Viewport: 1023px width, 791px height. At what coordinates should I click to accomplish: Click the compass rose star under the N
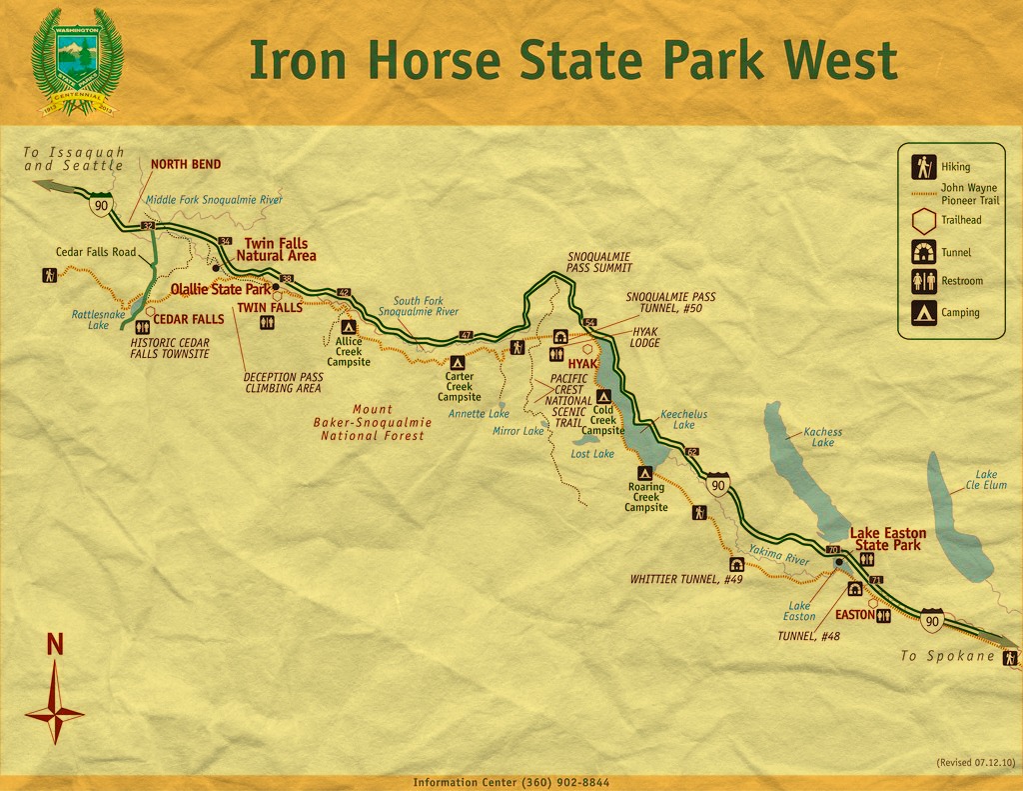tap(55, 711)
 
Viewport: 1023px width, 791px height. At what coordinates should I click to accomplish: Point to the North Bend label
tap(186, 164)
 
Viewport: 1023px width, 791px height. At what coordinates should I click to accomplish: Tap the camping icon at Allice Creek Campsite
tap(349, 326)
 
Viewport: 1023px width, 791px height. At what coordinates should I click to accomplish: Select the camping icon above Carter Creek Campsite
tap(458, 363)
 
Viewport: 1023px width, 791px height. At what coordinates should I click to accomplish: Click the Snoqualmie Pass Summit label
tap(599, 262)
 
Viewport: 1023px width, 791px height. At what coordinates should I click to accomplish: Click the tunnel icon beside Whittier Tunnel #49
tap(736, 564)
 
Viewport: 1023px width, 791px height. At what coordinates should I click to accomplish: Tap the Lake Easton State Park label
tap(887, 539)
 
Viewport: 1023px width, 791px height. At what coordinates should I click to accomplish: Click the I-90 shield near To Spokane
tap(932, 620)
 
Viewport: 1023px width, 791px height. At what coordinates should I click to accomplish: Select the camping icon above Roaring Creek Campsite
tap(645, 472)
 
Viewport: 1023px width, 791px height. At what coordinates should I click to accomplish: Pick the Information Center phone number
tap(511, 782)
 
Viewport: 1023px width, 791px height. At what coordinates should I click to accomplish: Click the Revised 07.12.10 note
tap(975, 762)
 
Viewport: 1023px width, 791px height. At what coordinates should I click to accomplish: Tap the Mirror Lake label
tap(518, 431)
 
